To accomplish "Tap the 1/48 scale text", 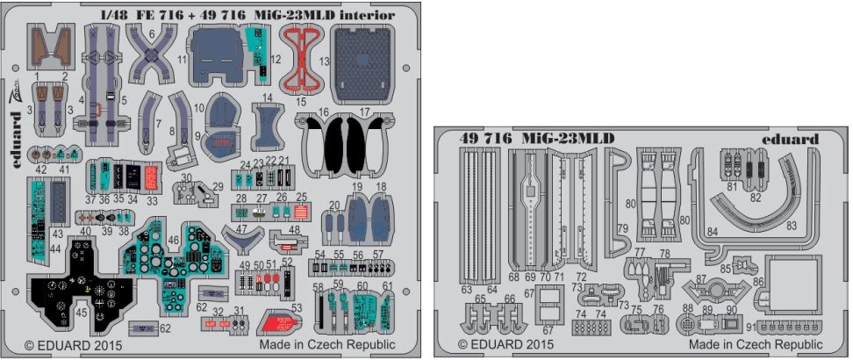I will pos(113,15).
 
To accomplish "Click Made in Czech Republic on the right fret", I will pos(756,345).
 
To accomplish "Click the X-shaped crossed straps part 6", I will pos(150,52).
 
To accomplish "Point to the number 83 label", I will pos(792,225).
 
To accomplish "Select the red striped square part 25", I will pos(302,212).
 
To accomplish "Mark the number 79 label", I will pos(622,229).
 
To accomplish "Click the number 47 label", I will pos(231,228).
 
